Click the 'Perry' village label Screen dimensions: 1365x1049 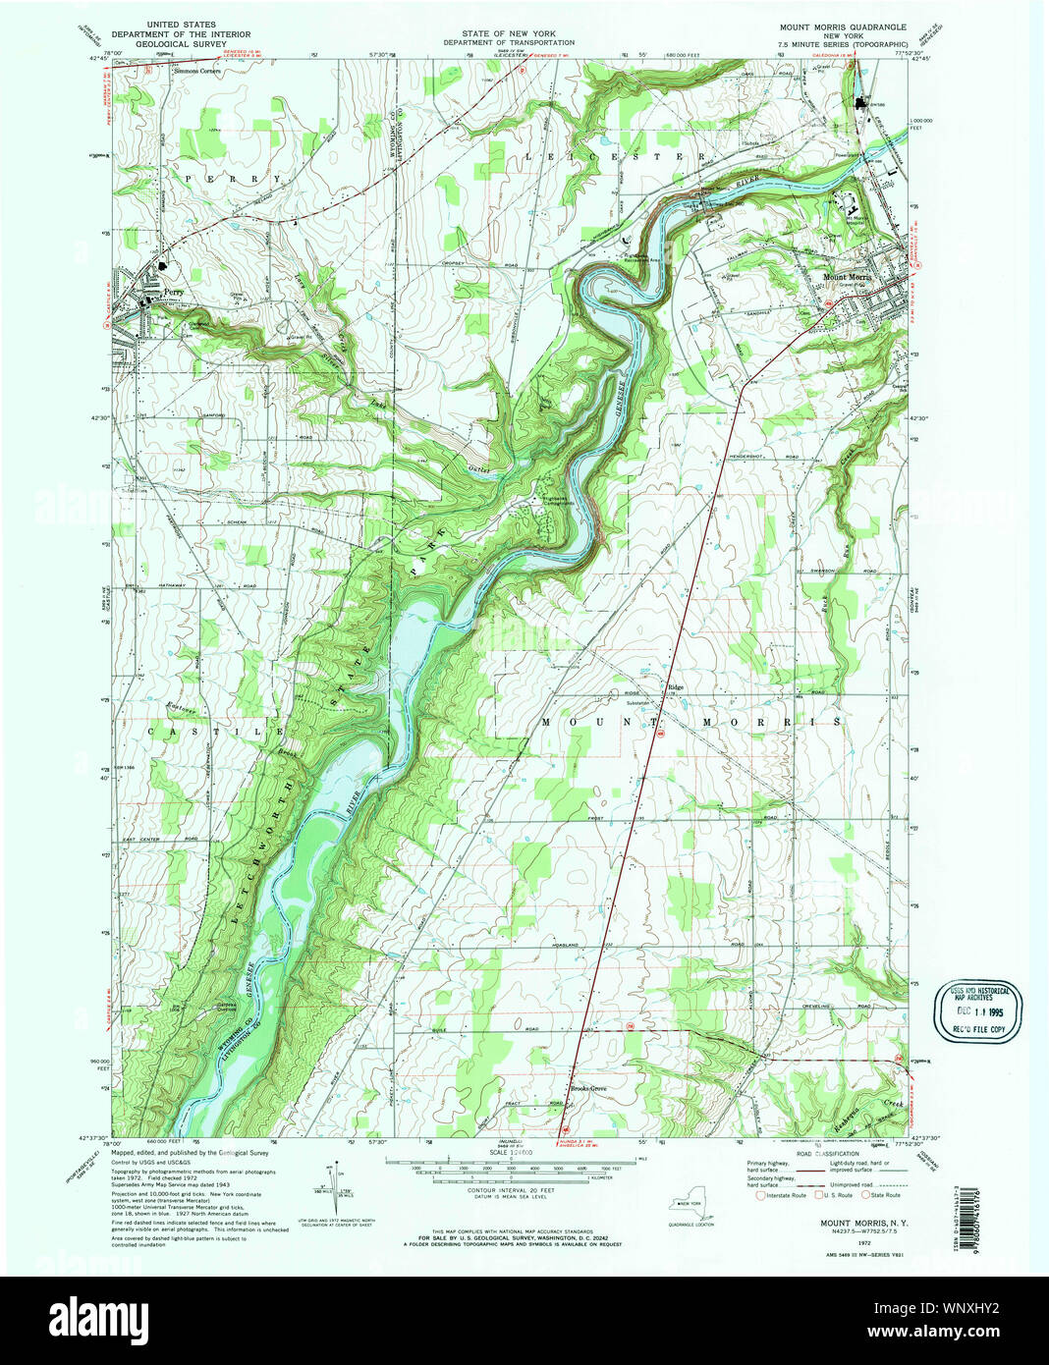(174, 293)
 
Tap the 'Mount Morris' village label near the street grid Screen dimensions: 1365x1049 (847, 278)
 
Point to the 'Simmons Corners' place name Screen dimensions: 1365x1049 (197, 72)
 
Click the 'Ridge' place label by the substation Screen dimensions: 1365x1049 (675, 687)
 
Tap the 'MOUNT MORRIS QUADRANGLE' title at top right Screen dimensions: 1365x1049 (843, 27)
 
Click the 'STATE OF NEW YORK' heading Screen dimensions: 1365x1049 (508, 33)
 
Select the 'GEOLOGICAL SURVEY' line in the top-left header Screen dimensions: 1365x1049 (182, 43)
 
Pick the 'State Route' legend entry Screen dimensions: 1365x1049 (884, 1195)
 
